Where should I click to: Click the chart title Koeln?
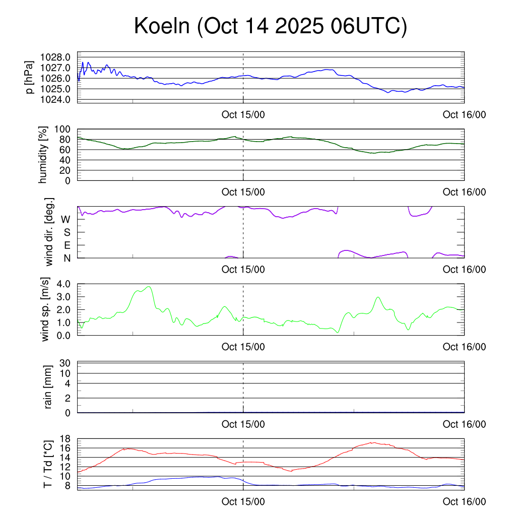tap(270, 27)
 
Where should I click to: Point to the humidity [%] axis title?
tap(44, 155)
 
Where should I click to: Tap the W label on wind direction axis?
tap(66, 219)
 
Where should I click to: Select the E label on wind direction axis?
tap(67, 245)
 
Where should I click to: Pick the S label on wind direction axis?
tap(67, 232)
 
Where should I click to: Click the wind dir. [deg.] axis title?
tap(49, 232)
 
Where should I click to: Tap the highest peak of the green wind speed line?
tap(149, 287)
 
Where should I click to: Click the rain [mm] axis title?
tap(48, 387)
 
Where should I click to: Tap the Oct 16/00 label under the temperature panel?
tap(464, 502)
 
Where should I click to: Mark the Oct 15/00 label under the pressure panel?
tap(243, 114)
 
